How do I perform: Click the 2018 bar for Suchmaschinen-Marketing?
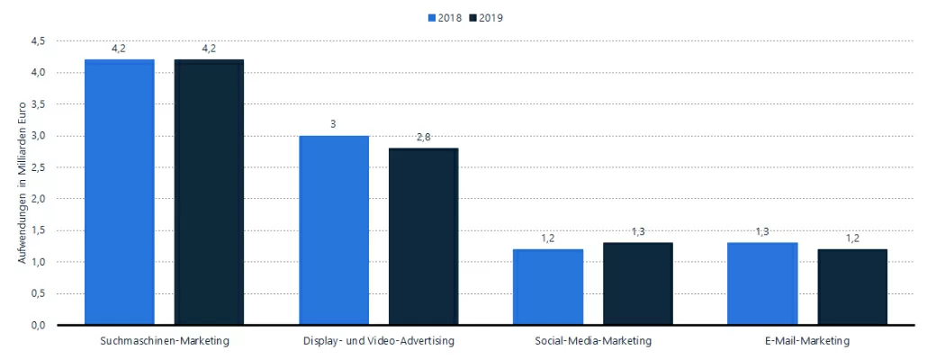120,192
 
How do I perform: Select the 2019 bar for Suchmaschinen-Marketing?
209,192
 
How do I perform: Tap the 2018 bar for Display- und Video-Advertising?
334,229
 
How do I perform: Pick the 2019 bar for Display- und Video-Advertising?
423,236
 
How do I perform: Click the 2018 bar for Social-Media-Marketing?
548,286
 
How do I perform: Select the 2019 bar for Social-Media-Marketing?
637,283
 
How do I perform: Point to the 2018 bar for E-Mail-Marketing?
762,283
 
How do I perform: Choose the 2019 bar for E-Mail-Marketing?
851,286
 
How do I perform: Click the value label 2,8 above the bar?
423,136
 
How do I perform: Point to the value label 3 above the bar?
334,123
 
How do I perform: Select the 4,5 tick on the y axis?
39,40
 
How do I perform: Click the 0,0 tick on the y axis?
39,325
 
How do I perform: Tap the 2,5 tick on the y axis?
39,167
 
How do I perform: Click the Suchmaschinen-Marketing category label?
164,341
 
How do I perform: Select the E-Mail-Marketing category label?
807,341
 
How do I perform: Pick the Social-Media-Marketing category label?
593,341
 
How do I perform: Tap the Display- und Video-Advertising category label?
378,341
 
